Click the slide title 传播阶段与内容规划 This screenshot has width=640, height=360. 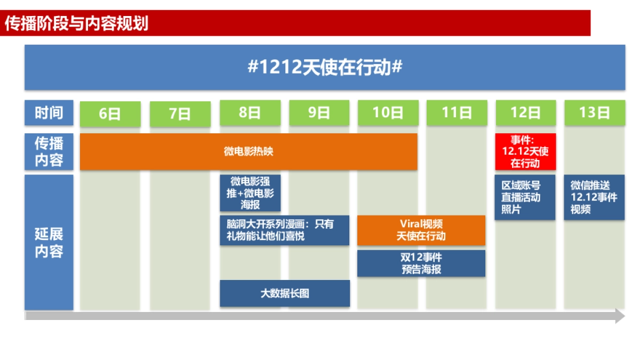pos(77,23)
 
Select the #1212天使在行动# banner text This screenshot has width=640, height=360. pos(325,68)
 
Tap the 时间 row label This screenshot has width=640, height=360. pos(49,113)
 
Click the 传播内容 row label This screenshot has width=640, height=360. pos(49,151)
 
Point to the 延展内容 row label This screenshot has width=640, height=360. pos(49,243)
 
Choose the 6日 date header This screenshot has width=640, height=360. pos(110,114)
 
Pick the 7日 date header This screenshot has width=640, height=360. pos(180,114)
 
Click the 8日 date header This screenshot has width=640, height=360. pos(250,113)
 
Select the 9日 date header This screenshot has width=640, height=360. pos(319,113)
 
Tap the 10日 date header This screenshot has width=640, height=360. pos(388,113)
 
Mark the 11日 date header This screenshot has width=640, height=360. pos(457,113)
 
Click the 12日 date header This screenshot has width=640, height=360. pos(525,113)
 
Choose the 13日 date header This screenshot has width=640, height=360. pos(594,113)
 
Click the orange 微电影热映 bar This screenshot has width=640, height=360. pos(249,151)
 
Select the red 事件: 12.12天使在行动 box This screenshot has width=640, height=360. pos(525,151)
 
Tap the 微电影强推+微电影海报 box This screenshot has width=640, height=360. pos(250,193)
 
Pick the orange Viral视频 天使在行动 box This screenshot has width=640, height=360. pos(421,230)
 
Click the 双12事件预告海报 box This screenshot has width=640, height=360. pos(421,263)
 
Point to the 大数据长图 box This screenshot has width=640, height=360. pos(285,293)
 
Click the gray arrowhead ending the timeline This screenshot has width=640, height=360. pos(619,316)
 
